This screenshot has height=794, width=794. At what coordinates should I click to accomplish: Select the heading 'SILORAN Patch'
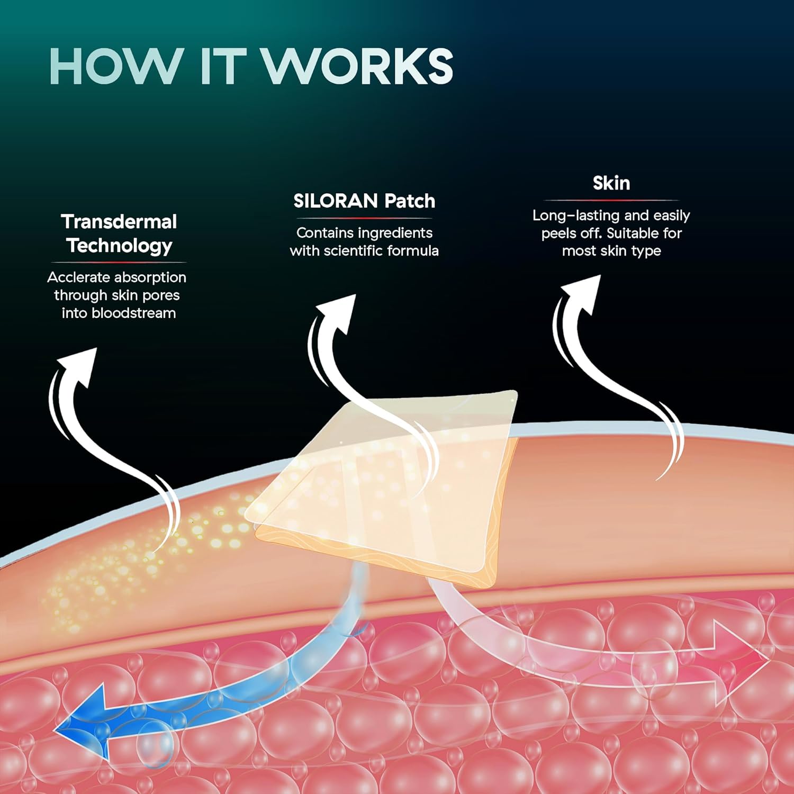click(x=364, y=201)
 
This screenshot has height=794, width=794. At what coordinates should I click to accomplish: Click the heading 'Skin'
click(x=611, y=183)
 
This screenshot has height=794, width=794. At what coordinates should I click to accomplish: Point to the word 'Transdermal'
click(x=119, y=222)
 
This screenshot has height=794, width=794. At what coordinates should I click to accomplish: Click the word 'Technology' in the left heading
click(x=120, y=246)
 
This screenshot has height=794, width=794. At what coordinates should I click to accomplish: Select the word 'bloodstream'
click(x=133, y=313)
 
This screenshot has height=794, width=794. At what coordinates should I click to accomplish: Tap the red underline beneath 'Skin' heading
click(x=611, y=200)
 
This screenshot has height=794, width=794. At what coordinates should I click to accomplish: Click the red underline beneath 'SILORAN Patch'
click(x=364, y=218)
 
